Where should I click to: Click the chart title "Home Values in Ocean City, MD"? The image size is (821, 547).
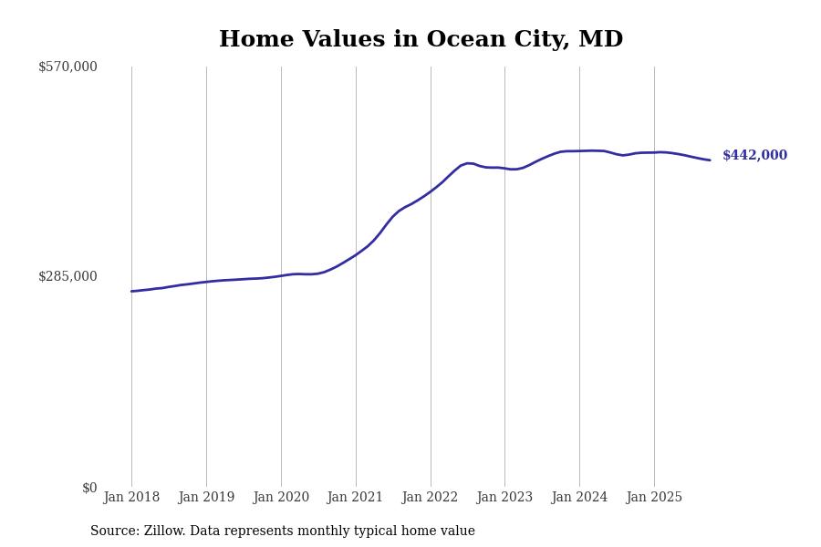pos(421,40)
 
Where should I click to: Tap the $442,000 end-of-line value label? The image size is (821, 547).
pos(754,156)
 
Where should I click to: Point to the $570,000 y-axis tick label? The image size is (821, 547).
pos(68,67)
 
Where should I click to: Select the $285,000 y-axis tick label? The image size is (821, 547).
pos(68,276)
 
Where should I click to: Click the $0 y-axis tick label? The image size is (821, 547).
pos(89,488)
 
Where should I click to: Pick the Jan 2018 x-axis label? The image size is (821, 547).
pos(131,498)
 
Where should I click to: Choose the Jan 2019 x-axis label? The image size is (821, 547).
pos(206,498)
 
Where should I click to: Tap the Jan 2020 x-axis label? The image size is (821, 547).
pos(281,498)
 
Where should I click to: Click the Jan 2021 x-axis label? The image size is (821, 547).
pos(356,498)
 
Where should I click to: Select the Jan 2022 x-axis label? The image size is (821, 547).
pos(431,498)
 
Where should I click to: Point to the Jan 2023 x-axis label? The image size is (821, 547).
pos(504,498)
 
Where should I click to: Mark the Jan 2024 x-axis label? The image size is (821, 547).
pos(579,498)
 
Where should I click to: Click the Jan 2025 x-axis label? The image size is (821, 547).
pos(654,498)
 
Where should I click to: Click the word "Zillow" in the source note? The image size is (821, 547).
pos(164,532)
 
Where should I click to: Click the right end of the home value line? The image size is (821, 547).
pos(710,160)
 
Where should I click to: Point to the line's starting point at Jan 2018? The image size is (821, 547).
pos(131,292)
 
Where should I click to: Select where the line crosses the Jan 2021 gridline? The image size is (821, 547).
pos(356,255)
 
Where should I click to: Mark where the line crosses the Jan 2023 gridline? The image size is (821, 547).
pos(504,169)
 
